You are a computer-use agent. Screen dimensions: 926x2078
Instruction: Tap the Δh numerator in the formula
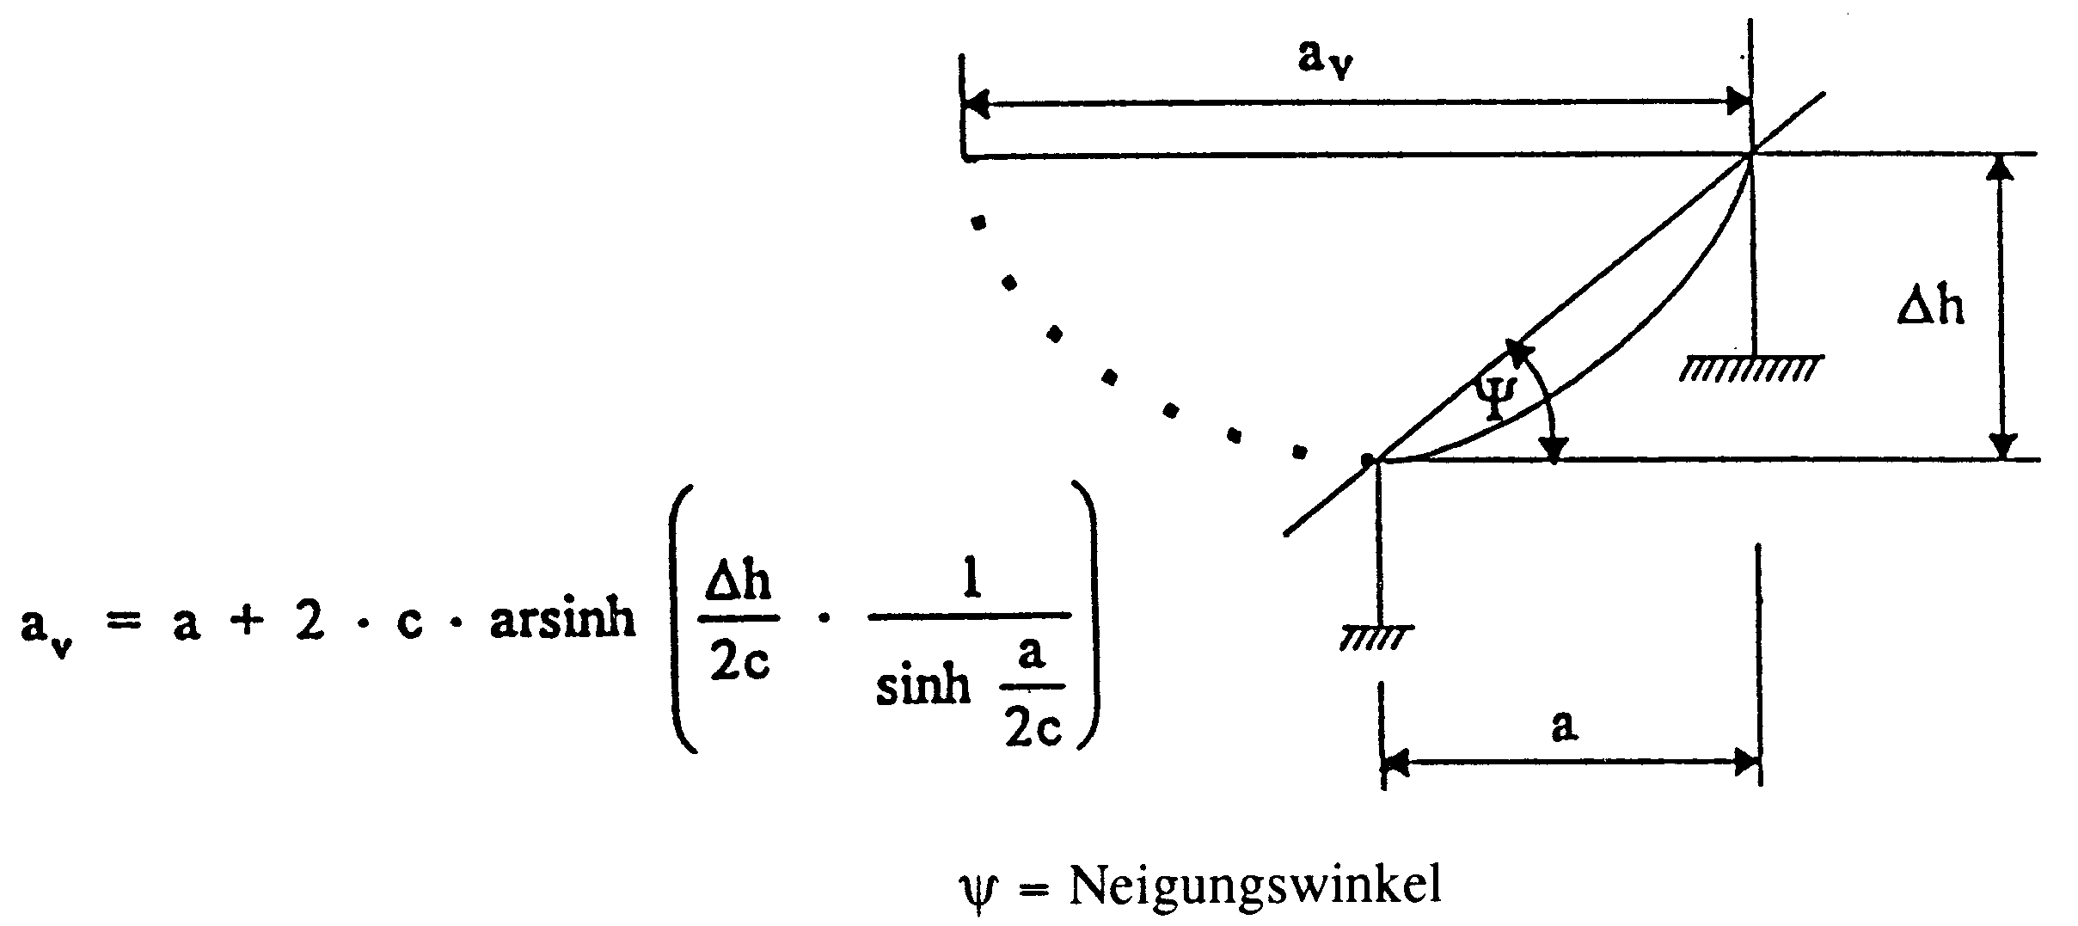point(739,581)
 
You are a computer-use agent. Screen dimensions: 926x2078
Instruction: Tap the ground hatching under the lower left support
point(1376,638)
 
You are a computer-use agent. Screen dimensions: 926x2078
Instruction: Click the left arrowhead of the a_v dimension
point(977,105)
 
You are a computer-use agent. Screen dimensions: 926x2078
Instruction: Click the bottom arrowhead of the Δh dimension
point(2003,445)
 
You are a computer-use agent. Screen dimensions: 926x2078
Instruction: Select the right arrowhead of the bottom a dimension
point(1746,761)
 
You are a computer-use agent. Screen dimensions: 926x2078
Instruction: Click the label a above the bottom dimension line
point(1564,725)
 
